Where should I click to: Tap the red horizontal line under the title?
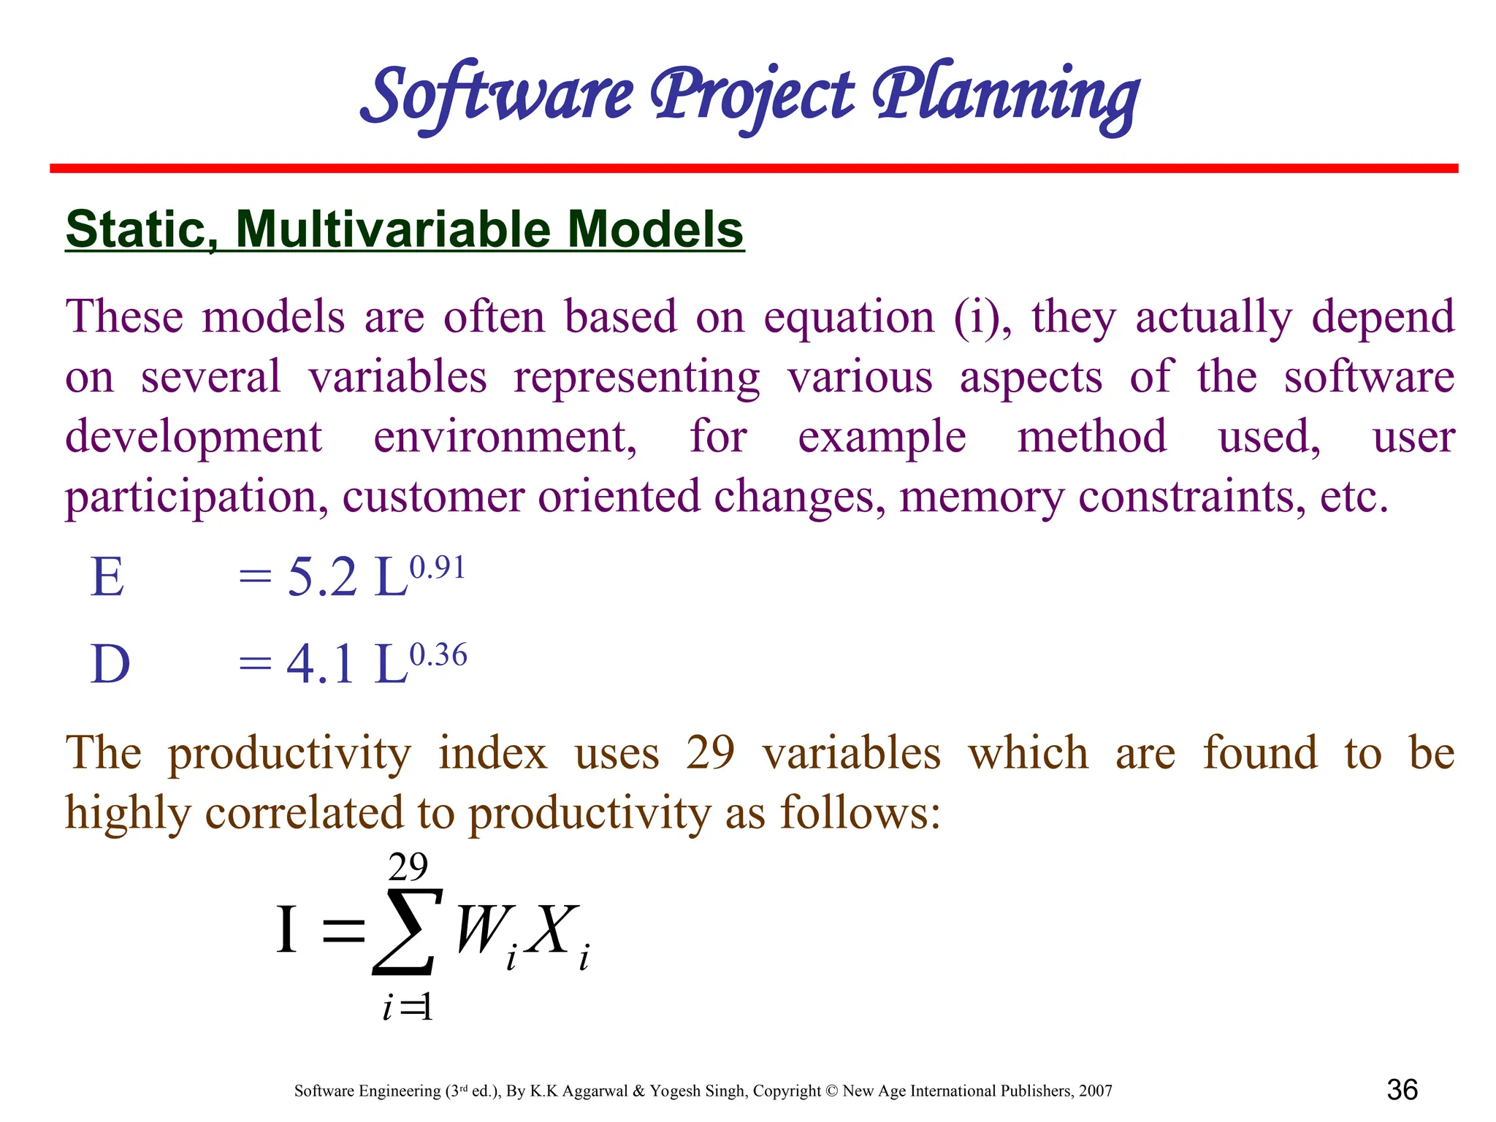(x=752, y=169)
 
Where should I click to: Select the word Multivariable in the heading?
(x=394, y=229)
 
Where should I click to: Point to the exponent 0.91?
(x=438, y=568)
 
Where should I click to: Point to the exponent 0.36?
(x=438, y=655)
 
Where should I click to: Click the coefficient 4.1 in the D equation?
(x=321, y=665)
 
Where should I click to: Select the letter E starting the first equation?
(x=107, y=578)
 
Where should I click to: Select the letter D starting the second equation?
(x=110, y=665)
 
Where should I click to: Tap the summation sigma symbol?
(x=407, y=933)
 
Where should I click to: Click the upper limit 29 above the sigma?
(x=408, y=868)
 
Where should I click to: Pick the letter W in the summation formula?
(x=480, y=930)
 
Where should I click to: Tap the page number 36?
(x=1402, y=1090)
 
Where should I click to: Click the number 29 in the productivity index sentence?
(x=710, y=753)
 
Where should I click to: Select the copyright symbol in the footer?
(x=831, y=1091)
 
